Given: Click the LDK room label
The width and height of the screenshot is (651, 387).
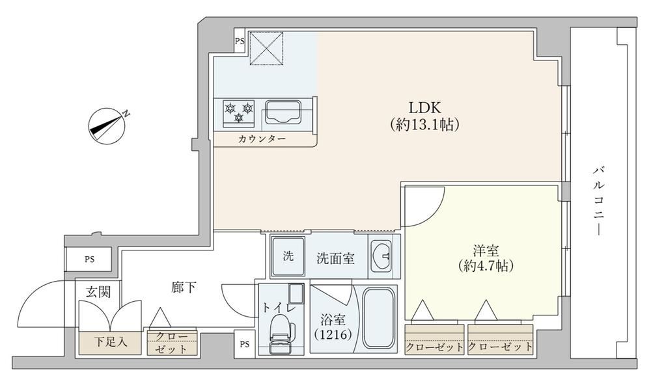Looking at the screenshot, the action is (424, 108).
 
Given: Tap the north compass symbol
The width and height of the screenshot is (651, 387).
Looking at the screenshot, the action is (107, 126).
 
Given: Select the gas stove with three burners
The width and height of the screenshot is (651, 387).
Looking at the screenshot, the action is (239, 113).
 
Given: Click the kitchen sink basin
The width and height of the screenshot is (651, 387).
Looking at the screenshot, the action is (285, 111).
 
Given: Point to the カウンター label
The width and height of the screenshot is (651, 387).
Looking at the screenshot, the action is (262, 139).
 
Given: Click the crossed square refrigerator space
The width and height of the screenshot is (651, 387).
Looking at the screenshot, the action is (266, 48).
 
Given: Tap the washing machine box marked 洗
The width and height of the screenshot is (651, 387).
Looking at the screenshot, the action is (288, 256).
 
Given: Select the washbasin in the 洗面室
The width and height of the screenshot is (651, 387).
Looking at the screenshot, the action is (381, 256).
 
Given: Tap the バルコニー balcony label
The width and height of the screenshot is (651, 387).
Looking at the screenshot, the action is (598, 201).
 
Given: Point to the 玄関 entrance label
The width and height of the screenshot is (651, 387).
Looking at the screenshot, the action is (98, 292).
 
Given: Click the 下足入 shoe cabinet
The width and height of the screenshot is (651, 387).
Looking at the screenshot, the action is (109, 343).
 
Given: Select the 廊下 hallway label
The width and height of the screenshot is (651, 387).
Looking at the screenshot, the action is (184, 287).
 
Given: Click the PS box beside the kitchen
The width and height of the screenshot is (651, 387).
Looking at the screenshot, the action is (240, 42).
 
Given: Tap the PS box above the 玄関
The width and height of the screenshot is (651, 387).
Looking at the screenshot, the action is (90, 260).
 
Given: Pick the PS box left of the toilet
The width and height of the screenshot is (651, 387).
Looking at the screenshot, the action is (245, 344).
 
